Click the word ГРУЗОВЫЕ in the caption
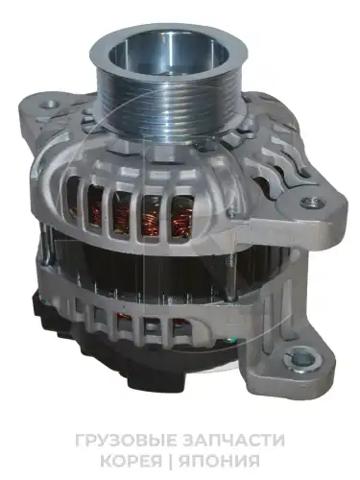point(126,440)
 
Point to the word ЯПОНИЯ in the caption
point(219,461)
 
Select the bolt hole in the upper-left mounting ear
point(49,104)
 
